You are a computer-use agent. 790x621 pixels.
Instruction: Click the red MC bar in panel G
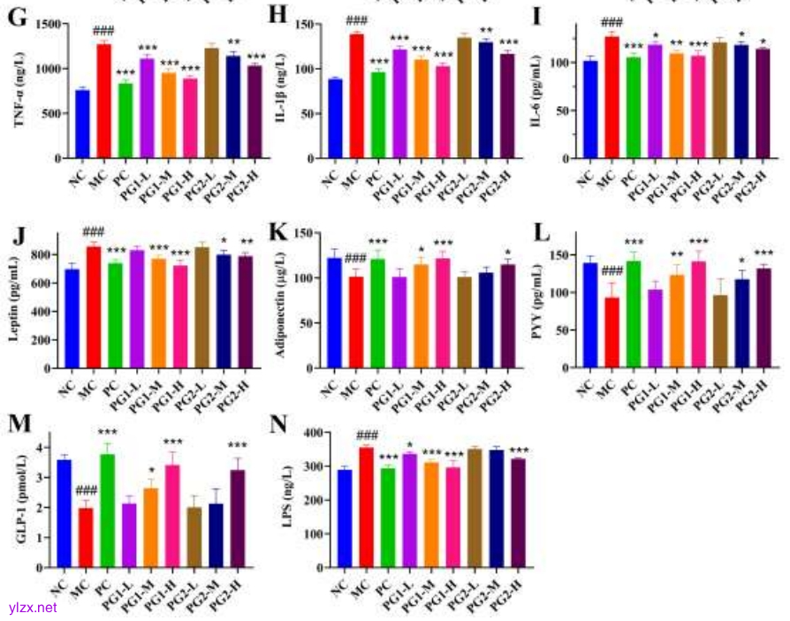tap(104, 101)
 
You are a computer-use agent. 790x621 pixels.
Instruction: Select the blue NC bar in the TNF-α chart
tap(82, 124)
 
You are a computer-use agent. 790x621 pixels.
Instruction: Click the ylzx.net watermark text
tap(34, 608)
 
